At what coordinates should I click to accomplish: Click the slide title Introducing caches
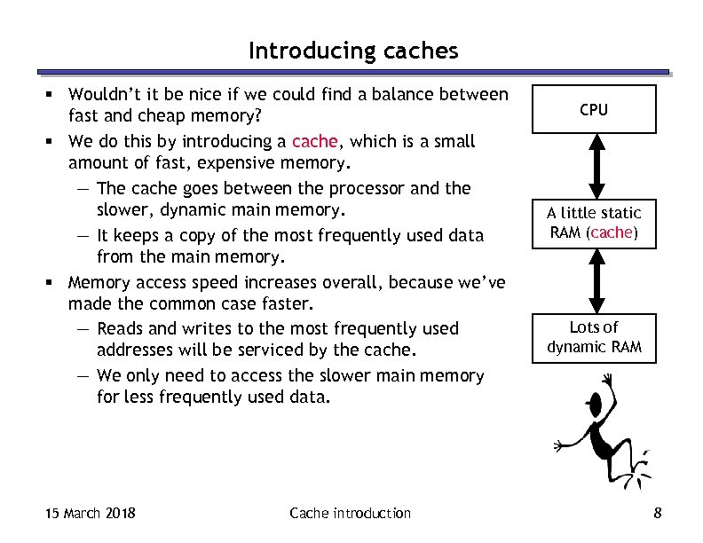click(x=353, y=51)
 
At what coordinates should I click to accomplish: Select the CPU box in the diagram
click(x=593, y=109)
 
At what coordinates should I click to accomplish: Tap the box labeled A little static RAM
click(x=593, y=223)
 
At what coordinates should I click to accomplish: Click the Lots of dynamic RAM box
click(x=593, y=337)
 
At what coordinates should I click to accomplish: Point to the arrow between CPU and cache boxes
click(x=593, y=166)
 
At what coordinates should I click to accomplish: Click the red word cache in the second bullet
click(x=314, y=141)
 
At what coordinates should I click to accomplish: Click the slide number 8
click(x=657, y=513)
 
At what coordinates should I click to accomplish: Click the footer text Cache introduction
click(x=350, y=513)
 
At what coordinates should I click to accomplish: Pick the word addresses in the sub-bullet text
click(x=137, y=351)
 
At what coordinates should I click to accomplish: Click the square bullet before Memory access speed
click(x=55, y=283)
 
